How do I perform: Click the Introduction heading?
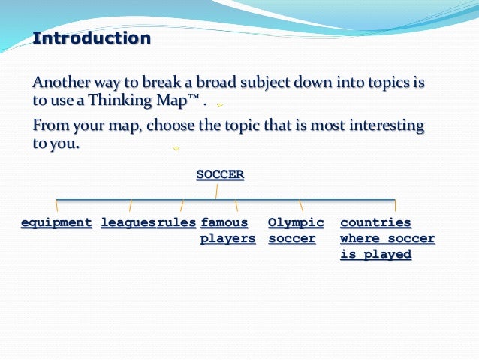(92, 38)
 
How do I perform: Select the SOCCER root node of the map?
(220, 174)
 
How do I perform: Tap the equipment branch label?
(56, 222)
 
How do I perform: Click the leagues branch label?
(128, 222)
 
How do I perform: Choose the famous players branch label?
(227, 231)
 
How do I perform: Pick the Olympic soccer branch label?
(296, 231)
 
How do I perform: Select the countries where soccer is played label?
(387, 238)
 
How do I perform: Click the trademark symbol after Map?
(192, 98)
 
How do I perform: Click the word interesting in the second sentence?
(386, 124)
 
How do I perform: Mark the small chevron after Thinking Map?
(220, 105)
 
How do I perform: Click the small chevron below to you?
(176, 149)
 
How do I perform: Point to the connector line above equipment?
(56, 204)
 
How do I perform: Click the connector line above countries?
(395, 204)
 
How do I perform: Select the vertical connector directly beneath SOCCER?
(217, 192)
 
